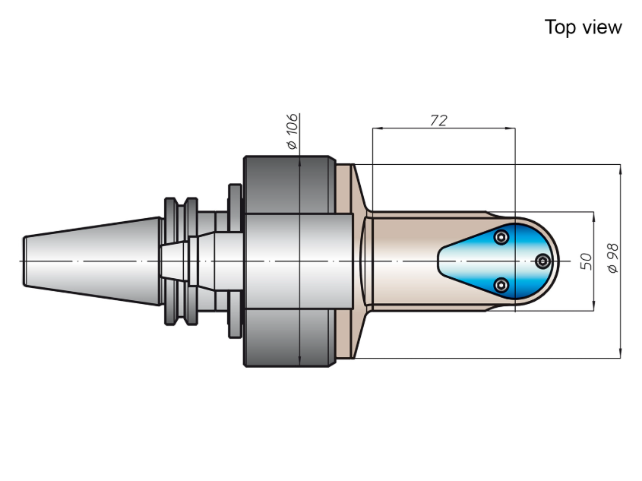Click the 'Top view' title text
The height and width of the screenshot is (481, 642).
pyautogui.click(x=583, y=27)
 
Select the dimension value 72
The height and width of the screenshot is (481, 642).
pyautogui.click(x=438, y=120)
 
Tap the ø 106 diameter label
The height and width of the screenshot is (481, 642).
pyautogui.click(x=292, y=131)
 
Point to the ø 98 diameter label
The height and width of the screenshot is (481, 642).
pyautogui.click(x=613, y=258)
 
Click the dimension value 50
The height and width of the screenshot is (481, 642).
pyautogui.click(x=587, y=261)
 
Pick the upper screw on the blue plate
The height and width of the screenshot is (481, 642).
pyautogui.click(x=501, y=237)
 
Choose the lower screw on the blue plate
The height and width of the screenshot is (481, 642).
pyautogui.click(x=501, y=285)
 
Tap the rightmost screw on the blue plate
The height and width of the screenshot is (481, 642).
pyautogui.click(x=543, y=261)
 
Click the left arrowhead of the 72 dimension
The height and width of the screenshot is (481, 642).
pyautogui.click(x=378, y=128)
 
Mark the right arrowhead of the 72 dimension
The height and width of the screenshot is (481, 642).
pyautogui.click(x=510, y=128)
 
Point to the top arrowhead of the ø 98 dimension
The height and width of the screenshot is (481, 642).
pyautogui.click(x=621, y=169)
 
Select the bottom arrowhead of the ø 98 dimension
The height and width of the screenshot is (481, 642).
pyautogui.click(x=621, y=353)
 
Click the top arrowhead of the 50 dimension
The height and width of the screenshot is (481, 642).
pyautogui.click(x=593, y=217)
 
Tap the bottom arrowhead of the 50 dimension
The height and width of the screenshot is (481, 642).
pyautogui.click(x=593, y=305)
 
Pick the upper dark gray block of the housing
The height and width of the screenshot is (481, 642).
pyautogui.click(x=290, y=184)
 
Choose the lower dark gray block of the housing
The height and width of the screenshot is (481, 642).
pyautogui.click(x=290, y=337)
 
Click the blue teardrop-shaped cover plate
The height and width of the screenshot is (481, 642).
pyautogui.click(x=498, y=261)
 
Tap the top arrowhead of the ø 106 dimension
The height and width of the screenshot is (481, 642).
pyautogui.click(x=299, y=161)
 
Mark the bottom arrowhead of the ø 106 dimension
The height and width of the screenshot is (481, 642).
pyautogui.click(x=299, y=361)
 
